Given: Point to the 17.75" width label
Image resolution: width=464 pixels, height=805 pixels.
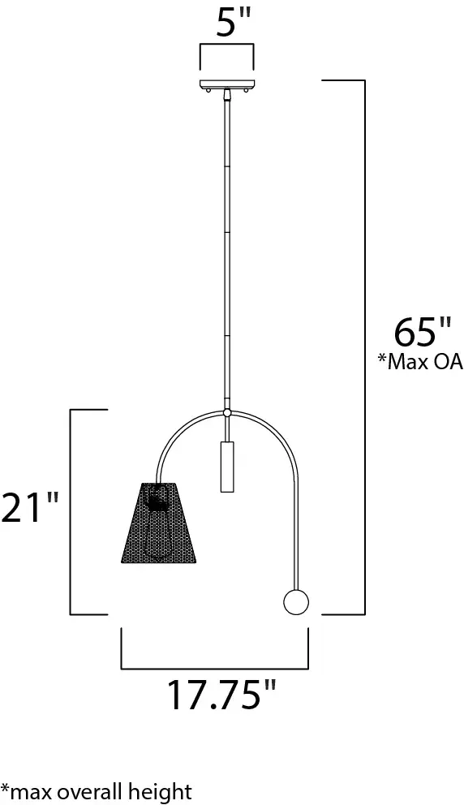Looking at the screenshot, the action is (221, 695).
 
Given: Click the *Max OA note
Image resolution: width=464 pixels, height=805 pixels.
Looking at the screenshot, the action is (421, 361).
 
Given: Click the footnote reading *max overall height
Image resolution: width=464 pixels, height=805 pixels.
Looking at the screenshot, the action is (96, 791).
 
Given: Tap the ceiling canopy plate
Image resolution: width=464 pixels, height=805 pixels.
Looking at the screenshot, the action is (226, 84).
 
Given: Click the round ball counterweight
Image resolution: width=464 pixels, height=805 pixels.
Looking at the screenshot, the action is (296, 601).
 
